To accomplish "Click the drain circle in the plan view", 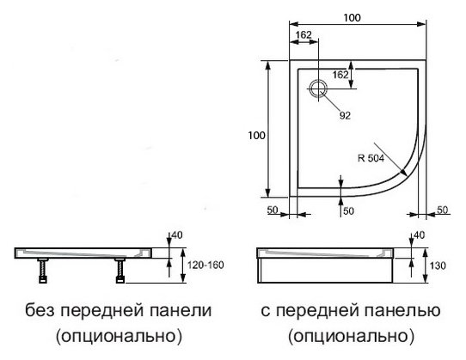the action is point(318,88).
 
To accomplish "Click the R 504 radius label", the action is point(371,158).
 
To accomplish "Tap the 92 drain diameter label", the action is point(345,115).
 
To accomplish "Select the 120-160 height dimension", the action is point(205,265).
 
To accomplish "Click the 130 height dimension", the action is point(438,265).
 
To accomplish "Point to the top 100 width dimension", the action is point(352,18).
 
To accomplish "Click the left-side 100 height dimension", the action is point(256,136).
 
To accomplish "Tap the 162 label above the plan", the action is point(304,35).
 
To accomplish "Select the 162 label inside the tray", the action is point(340,75).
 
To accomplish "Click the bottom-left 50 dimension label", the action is point(273,210).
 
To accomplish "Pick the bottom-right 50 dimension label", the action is point(442,210).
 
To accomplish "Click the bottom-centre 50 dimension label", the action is point(348,211).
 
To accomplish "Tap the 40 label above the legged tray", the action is point(177,235).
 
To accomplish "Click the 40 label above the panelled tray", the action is point(419,235).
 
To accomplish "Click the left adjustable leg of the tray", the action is point(43,271).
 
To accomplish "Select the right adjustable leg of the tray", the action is point(120,271).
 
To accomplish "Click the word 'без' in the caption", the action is point(40,310).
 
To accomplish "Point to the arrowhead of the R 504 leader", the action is point(403,173).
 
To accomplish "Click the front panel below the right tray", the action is point(325,271).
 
